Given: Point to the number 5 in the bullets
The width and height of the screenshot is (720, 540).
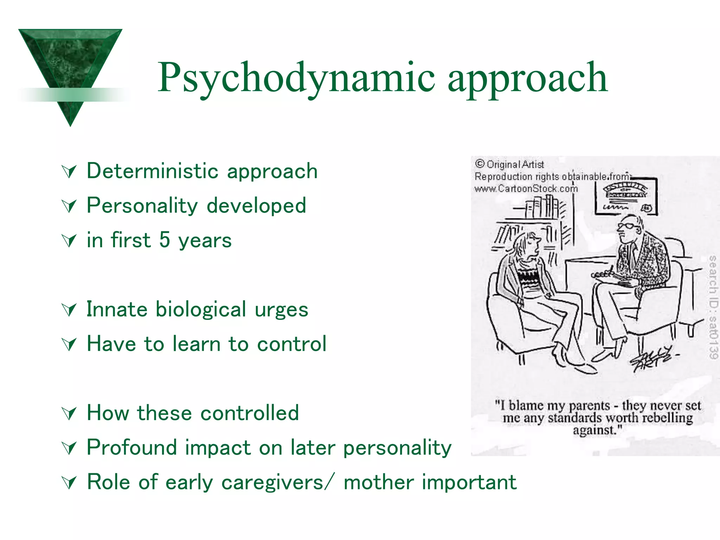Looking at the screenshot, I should [165, 240].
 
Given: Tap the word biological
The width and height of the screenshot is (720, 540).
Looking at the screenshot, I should [201, 310].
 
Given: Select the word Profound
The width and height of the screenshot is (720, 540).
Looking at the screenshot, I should [131, 448].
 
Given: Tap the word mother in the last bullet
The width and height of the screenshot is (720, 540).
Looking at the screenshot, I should [379, 482].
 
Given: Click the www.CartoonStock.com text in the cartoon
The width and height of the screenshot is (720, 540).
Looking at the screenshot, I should [526, 189].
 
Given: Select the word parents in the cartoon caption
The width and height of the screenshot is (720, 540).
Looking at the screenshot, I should [589, 406].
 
